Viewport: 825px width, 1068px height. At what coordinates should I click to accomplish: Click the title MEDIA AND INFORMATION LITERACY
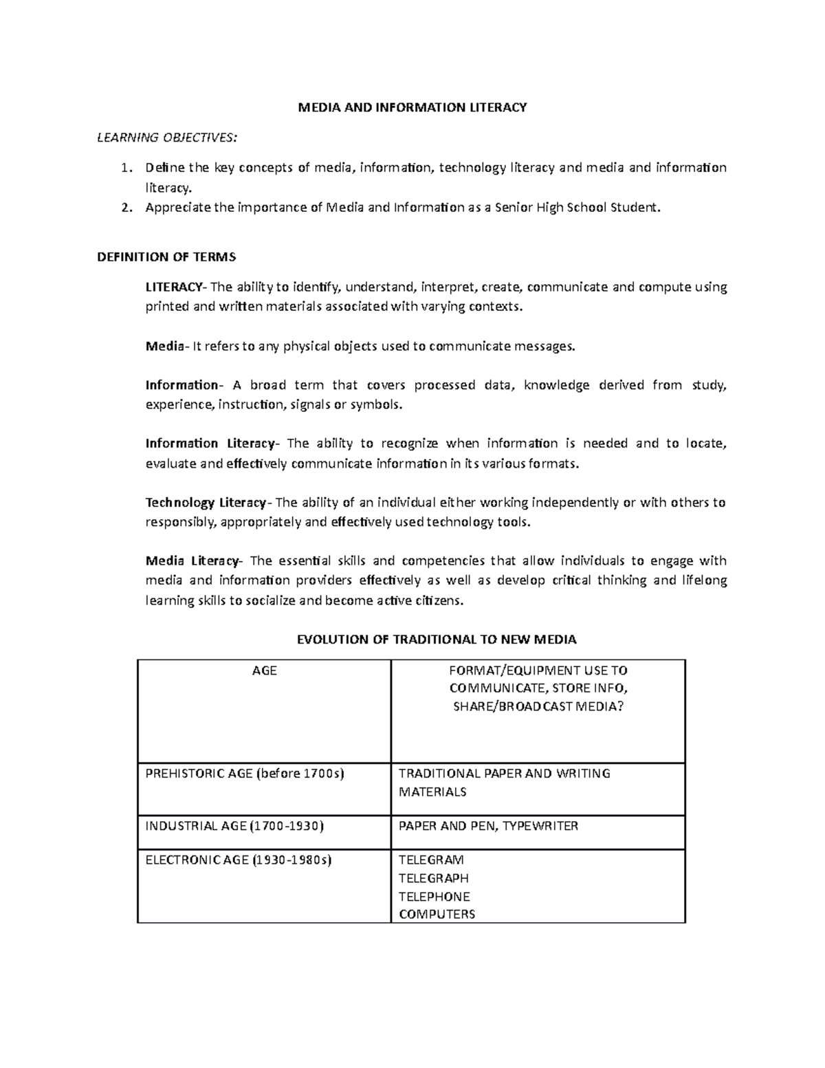(x=412, y=107)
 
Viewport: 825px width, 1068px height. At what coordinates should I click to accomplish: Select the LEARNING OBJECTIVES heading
(x=167, y=138)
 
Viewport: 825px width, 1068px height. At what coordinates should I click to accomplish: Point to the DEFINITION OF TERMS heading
(x=166, y=257)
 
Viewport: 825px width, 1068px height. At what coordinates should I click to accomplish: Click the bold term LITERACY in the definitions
(x=174, y=287)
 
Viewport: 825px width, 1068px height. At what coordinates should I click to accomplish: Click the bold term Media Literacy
(x=192, y=560)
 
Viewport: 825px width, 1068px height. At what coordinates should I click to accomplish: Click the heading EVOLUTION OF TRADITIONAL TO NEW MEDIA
(x=436, y=640)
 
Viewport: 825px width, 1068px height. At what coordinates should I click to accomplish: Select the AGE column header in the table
(x=265, y=671)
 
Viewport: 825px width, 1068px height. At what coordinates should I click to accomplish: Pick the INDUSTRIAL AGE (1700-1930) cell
(x=234, y=826)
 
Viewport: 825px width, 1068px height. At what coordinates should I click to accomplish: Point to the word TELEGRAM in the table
(x=431, y=860)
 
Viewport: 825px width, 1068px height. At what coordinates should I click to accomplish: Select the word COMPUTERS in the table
(x=437, y=915)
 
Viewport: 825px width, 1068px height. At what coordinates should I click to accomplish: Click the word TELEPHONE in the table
(x=434, y=897)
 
